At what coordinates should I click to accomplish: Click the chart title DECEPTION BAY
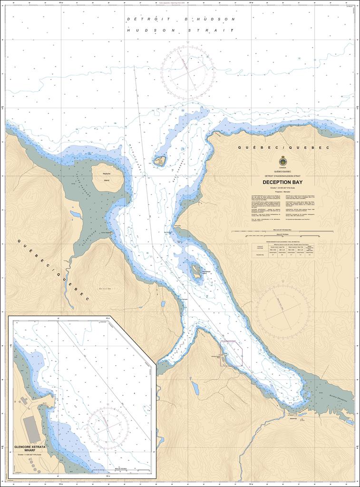(282, 182)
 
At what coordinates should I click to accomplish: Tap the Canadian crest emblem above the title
(282, 161)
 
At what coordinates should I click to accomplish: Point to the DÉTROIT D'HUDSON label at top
(181, 19)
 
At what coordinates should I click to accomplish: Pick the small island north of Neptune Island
(159, 161)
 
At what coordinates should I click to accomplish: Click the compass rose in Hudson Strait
(188, 72)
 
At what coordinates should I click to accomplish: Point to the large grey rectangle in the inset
(31, 429)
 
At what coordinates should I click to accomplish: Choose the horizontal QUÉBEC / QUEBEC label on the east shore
(282, 148)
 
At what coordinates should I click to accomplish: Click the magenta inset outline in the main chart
(232, 353)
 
